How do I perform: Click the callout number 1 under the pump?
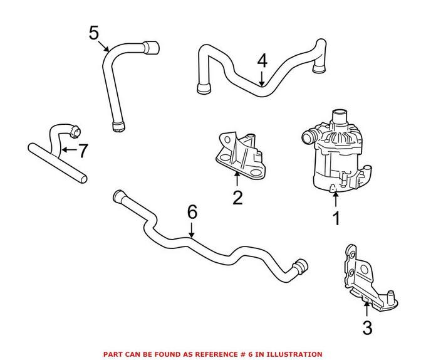tap(336, 219)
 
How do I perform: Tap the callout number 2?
tap(237, 198)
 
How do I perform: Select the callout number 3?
tap(367, 327)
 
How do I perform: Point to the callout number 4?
tap(262, 61)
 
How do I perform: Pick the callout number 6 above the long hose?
tap(192, 212)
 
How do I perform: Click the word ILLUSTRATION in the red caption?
tap(292, 354)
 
